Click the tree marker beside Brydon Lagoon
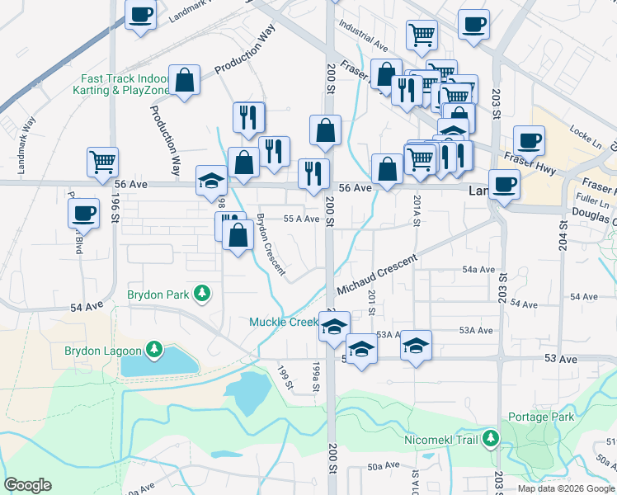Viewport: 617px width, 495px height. click(153, 351)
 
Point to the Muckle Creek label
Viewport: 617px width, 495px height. click(282, 322)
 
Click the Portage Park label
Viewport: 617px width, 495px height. click(541, 417)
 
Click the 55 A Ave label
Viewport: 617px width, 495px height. click(301, 219)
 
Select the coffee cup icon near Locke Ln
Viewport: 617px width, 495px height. click(529, 139)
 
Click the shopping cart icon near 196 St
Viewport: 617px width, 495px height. click(103, 161)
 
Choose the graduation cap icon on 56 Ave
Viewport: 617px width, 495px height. click(211, 180)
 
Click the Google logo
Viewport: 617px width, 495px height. click(27, 485)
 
